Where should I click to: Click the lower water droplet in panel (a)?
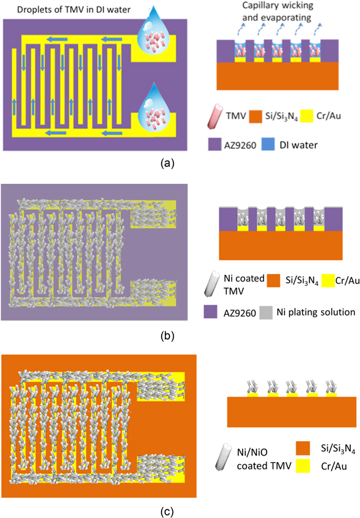(x=152, y=109)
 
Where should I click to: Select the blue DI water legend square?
(x=268, y=145)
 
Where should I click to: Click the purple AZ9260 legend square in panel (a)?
(x=215, y=145)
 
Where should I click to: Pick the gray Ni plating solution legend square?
(x=266, y=312)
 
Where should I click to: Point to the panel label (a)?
(x=167, y=163)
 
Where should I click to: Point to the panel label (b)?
(x=167, y=336)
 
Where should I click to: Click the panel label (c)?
(x=167, y=511)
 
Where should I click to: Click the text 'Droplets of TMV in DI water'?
(x=74, y=10)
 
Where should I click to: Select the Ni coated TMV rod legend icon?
(x=212, y=283)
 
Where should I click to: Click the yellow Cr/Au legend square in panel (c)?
(x=303, y=466)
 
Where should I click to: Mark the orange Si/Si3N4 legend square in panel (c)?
(x=303, y=448)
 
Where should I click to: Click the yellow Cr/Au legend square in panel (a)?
(x=306, y=116)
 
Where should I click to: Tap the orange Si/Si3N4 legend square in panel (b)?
(x=274, y=281)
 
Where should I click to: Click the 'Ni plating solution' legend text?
(x=316, y=312)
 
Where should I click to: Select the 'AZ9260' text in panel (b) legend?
(x=240, y=313)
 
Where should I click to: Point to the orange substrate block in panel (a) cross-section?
(x=277, y=76)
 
